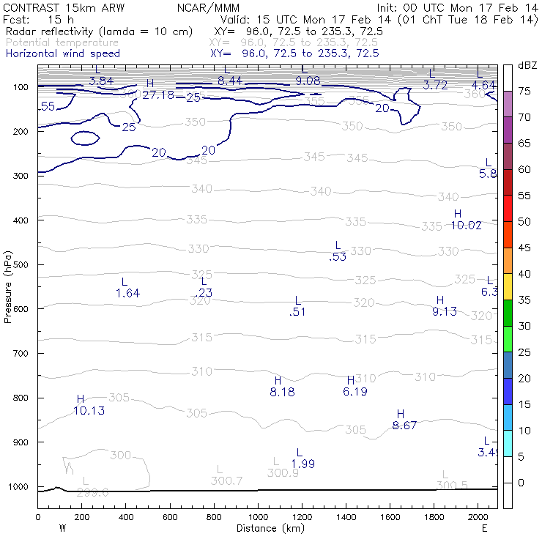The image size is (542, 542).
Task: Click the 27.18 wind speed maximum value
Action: click(158, 95)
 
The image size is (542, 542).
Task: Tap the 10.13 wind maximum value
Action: click(89, 411)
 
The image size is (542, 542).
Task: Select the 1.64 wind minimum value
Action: click(127, 293)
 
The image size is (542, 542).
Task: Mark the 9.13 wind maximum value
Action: click(445, 311)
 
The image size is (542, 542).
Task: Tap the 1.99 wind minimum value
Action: click(303, 464)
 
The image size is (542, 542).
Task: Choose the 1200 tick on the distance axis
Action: click(302, 516)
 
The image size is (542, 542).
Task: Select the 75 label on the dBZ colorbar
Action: click(524, 92)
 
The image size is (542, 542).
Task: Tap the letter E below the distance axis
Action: click(484, 527)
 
